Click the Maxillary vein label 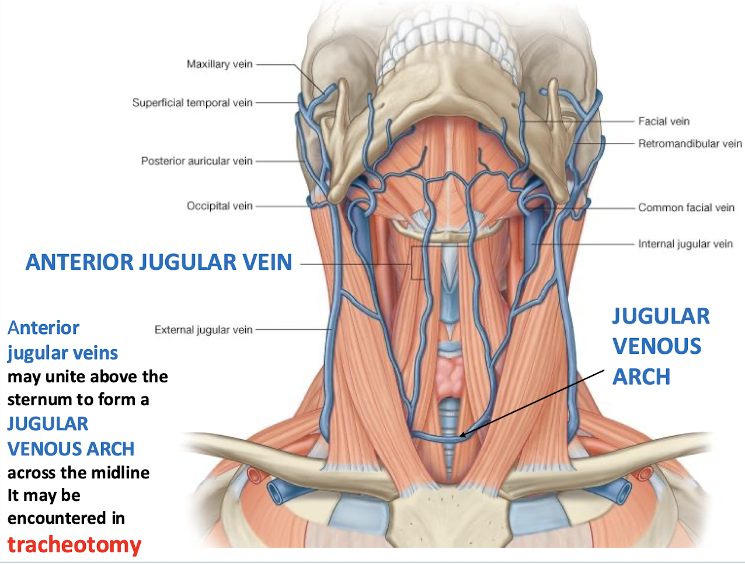(220, 64)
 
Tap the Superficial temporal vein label (192, 103)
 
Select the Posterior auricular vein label (197, 161)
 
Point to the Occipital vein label (220, 206)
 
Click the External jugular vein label (203, 330)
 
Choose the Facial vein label (663, 121)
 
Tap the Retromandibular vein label (690, 144)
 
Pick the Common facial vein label (686, 207)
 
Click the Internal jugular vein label (685, 244)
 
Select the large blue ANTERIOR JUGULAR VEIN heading (159, 262)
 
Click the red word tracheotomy (74, 544)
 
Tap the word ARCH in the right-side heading (641, 377)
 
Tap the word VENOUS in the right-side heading (657, 346)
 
